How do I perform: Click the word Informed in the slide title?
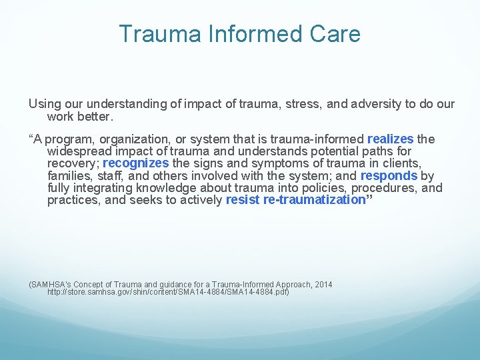248,34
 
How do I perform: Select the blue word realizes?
390,139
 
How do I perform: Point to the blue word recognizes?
135,163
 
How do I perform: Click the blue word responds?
389,175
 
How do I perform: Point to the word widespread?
79,151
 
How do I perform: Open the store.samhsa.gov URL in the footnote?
168,292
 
